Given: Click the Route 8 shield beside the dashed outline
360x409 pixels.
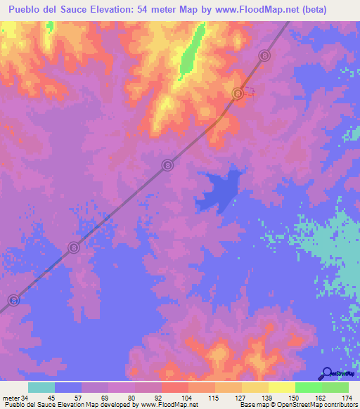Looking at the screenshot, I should coord(238,93).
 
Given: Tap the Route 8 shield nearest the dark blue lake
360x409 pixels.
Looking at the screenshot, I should coord(168,164).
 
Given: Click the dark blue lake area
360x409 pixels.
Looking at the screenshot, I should coord(218,190).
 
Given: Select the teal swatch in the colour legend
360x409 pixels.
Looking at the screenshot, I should coord(41,387).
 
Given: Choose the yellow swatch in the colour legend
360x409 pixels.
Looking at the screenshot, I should coord(255,387).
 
